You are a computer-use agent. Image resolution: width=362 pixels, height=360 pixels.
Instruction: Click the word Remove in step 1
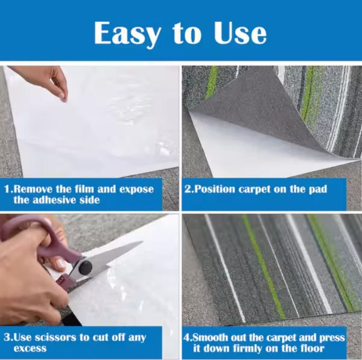(33, 189)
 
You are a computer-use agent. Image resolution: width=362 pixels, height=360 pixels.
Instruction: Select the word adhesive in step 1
(54, 200)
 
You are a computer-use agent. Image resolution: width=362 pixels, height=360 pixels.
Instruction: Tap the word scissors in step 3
(54, 338)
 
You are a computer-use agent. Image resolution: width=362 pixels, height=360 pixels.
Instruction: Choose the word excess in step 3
(30, 348)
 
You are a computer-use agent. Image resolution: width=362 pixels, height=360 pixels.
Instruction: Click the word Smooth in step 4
(209, 338)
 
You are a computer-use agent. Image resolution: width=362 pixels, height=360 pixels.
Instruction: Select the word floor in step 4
(312, 348)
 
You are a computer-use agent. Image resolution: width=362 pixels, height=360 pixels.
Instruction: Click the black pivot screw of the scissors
(85, 267)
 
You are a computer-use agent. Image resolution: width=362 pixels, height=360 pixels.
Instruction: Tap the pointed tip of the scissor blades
(142, 242)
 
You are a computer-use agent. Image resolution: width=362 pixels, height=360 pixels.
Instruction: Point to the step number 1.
(7, 189)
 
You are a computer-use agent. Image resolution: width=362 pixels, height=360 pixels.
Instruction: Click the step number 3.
(7, 338)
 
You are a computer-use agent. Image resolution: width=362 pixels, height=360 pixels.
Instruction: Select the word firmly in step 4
(247, 348)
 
